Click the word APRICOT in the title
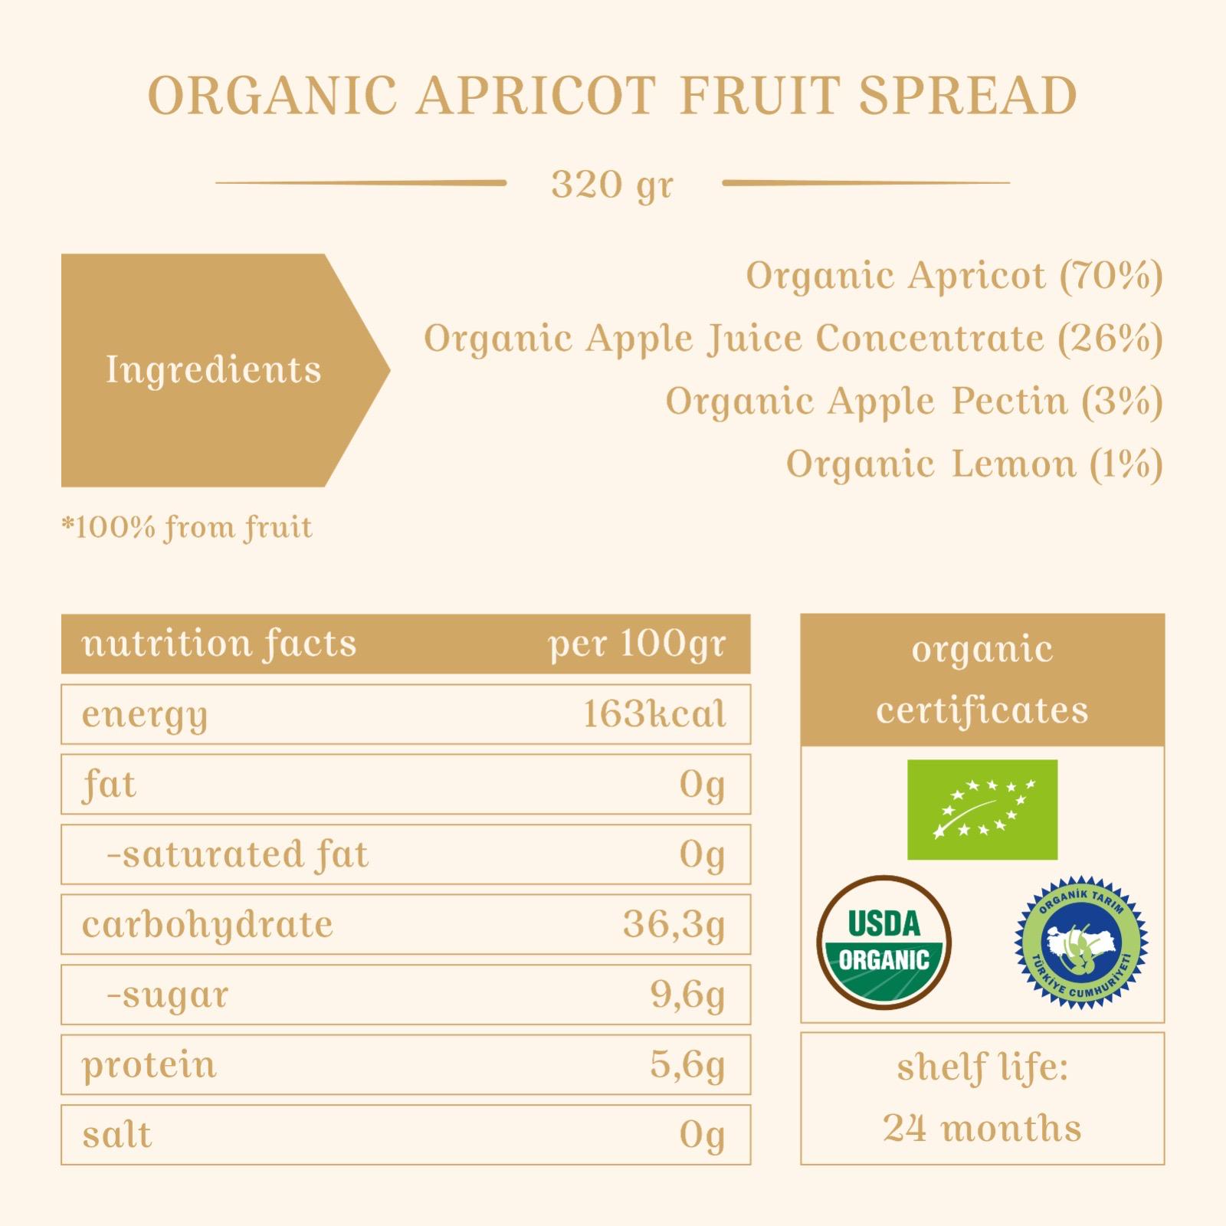[536, 96]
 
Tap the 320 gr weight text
[612, 185]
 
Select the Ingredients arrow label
[225, 370]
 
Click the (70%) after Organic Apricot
[1111, 275]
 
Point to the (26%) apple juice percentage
[1110, 338]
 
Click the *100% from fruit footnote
[187, 528]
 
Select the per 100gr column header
[637, 644]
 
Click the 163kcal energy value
[654, 714]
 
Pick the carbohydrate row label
[208, 924]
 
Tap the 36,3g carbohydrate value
[674, 925]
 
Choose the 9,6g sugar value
[687, 995]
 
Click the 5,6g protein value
[687, 1065]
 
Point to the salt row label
[117, 1135]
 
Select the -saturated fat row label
[238, 854]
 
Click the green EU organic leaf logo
[982, 810]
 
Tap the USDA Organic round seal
[884, 942]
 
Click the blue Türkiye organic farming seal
[1081, 942]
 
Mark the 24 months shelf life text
[982, 1129]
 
